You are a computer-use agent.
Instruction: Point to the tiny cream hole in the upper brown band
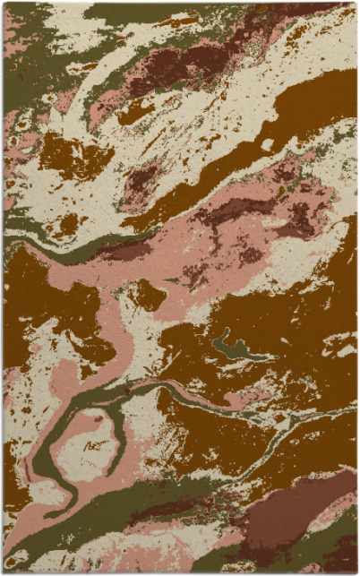[267, 144]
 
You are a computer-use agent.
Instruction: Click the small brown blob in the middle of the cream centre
[150, 296]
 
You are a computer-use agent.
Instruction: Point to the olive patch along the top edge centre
[134, 11]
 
